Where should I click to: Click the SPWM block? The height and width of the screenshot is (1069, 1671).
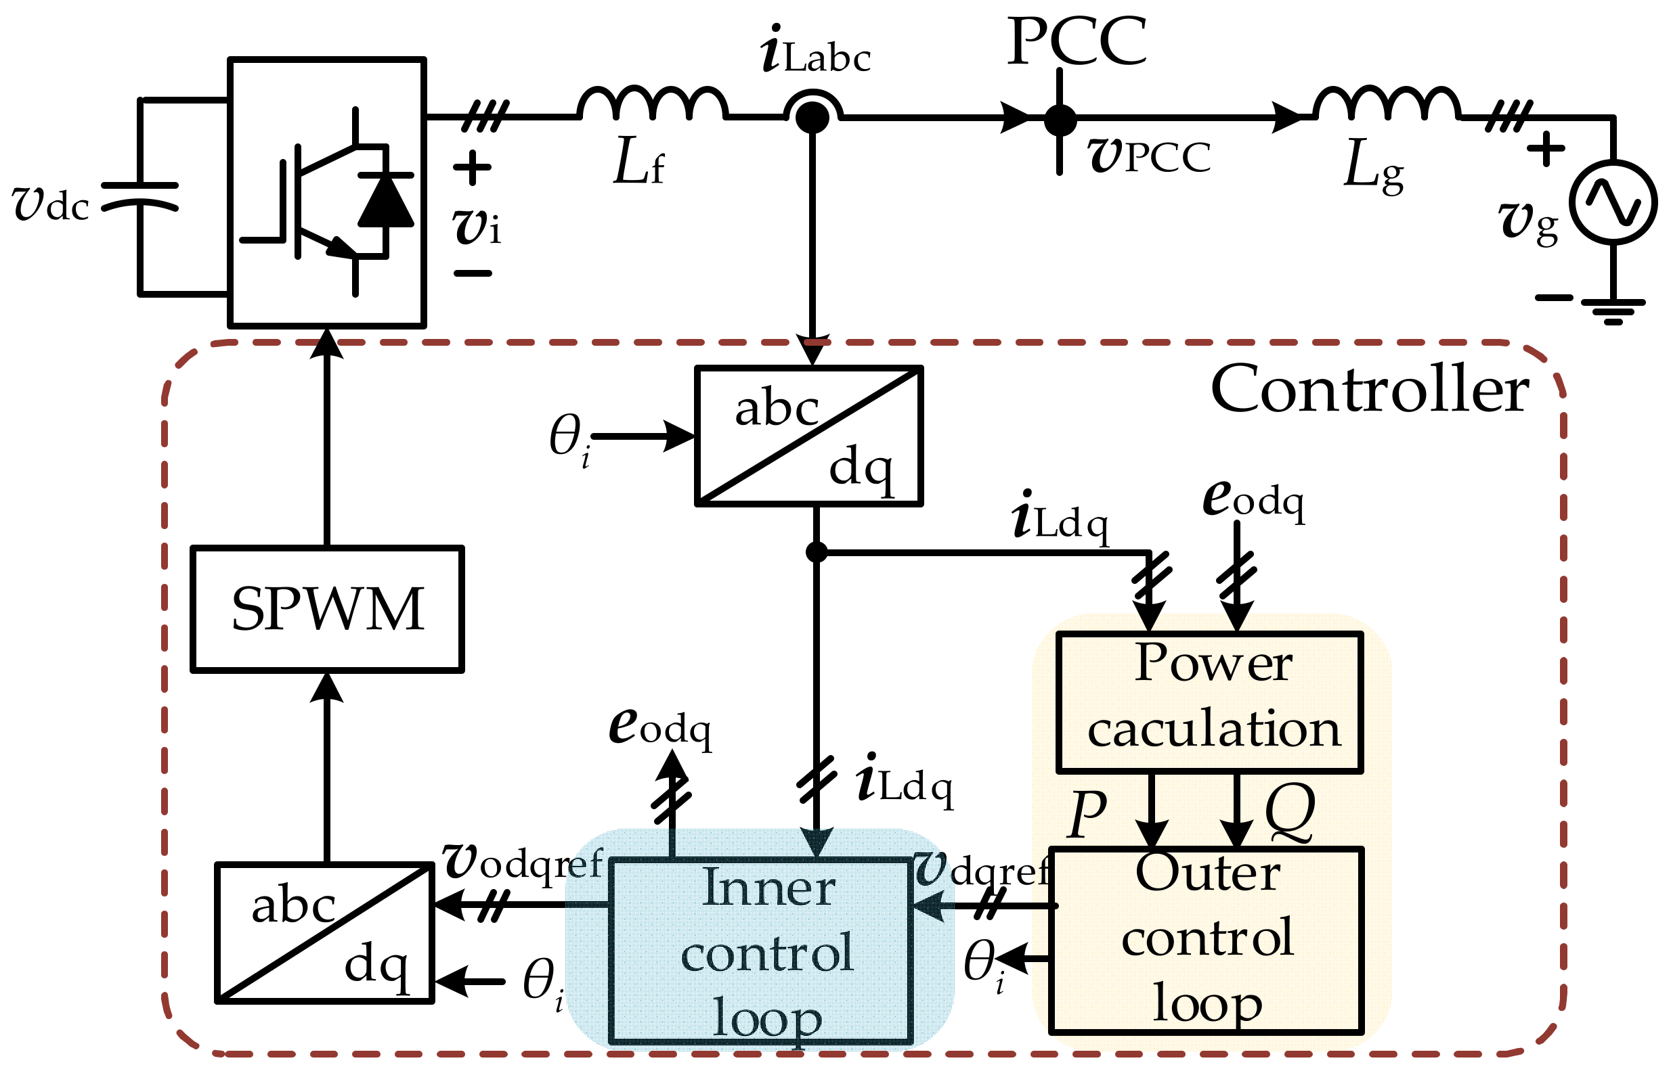326,610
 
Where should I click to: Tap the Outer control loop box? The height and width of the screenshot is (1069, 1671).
1207,940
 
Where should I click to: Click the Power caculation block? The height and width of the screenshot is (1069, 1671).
1209,702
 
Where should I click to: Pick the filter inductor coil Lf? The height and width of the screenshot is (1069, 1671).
652,104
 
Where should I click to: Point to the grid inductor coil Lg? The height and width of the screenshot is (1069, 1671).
1386,104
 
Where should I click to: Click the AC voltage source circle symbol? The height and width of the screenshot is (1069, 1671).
1613,202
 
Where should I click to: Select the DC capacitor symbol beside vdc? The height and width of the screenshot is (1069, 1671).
139,196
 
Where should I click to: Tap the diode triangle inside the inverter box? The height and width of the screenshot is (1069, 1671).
385,202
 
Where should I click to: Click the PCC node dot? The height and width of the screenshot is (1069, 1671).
1060,119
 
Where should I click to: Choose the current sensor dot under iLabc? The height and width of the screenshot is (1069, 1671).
811,118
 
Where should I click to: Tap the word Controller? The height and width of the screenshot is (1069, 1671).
1369,390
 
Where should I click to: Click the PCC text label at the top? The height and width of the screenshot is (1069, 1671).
1076,42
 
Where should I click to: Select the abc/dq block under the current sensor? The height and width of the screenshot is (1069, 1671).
808,435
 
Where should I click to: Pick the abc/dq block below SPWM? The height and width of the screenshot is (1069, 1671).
325,932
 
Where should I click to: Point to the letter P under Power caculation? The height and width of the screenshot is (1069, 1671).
1087,813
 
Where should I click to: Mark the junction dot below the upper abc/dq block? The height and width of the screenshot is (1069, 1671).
816,553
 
